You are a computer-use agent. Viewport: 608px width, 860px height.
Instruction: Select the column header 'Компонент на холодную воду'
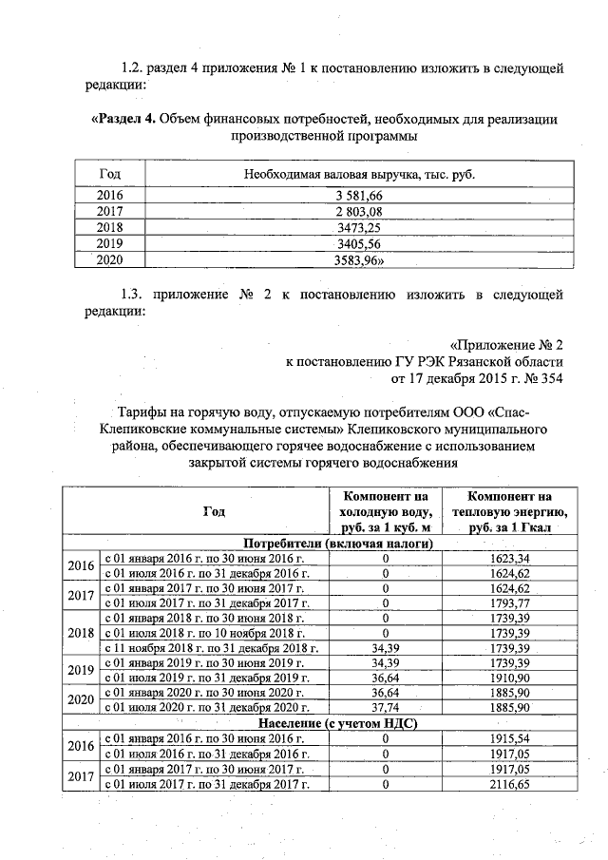point(386,511)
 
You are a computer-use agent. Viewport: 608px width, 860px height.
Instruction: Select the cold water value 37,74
point(386,708)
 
